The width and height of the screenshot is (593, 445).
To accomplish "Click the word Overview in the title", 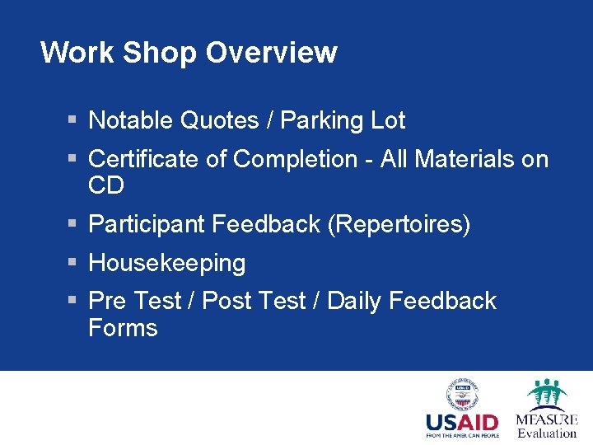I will (271, 53).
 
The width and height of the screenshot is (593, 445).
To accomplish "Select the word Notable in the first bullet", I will (130, 121).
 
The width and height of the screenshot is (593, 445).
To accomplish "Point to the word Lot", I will (388, 121).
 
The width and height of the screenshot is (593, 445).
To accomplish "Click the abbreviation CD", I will (106, 186).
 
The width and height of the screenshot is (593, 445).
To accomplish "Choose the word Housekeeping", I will (166, 264).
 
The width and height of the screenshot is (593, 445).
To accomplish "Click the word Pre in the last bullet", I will (107, 301).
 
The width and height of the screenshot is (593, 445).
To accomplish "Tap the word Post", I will (226, 301).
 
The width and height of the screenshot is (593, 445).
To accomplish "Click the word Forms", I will (123, 328).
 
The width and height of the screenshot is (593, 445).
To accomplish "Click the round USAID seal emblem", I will (462, 395).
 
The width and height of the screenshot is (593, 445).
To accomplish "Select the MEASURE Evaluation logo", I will (547, 408).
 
